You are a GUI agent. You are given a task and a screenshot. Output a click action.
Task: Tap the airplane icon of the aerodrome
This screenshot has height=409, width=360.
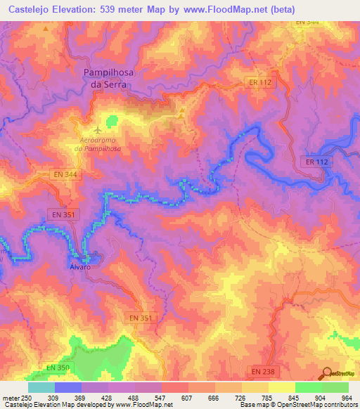point(96,130)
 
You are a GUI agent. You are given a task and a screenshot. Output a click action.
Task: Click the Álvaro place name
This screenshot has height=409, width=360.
point(82,267)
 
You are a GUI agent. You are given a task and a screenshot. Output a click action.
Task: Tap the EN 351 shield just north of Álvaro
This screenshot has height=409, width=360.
point(64,213)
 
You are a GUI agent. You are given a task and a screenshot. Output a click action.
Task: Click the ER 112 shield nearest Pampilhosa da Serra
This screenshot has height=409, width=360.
point(260,82)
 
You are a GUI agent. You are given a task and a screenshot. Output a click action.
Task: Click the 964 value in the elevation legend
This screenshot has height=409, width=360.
point(347,397)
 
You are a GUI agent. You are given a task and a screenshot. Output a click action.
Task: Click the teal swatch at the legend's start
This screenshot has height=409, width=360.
point(41,387)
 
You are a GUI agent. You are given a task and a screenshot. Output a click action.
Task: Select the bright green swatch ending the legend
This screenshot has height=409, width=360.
point(335,387)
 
